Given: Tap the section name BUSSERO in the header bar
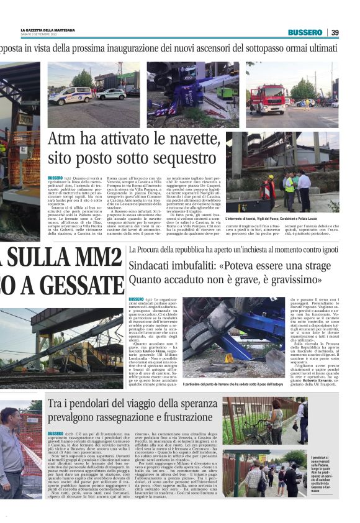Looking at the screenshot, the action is (x=305, y=32).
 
